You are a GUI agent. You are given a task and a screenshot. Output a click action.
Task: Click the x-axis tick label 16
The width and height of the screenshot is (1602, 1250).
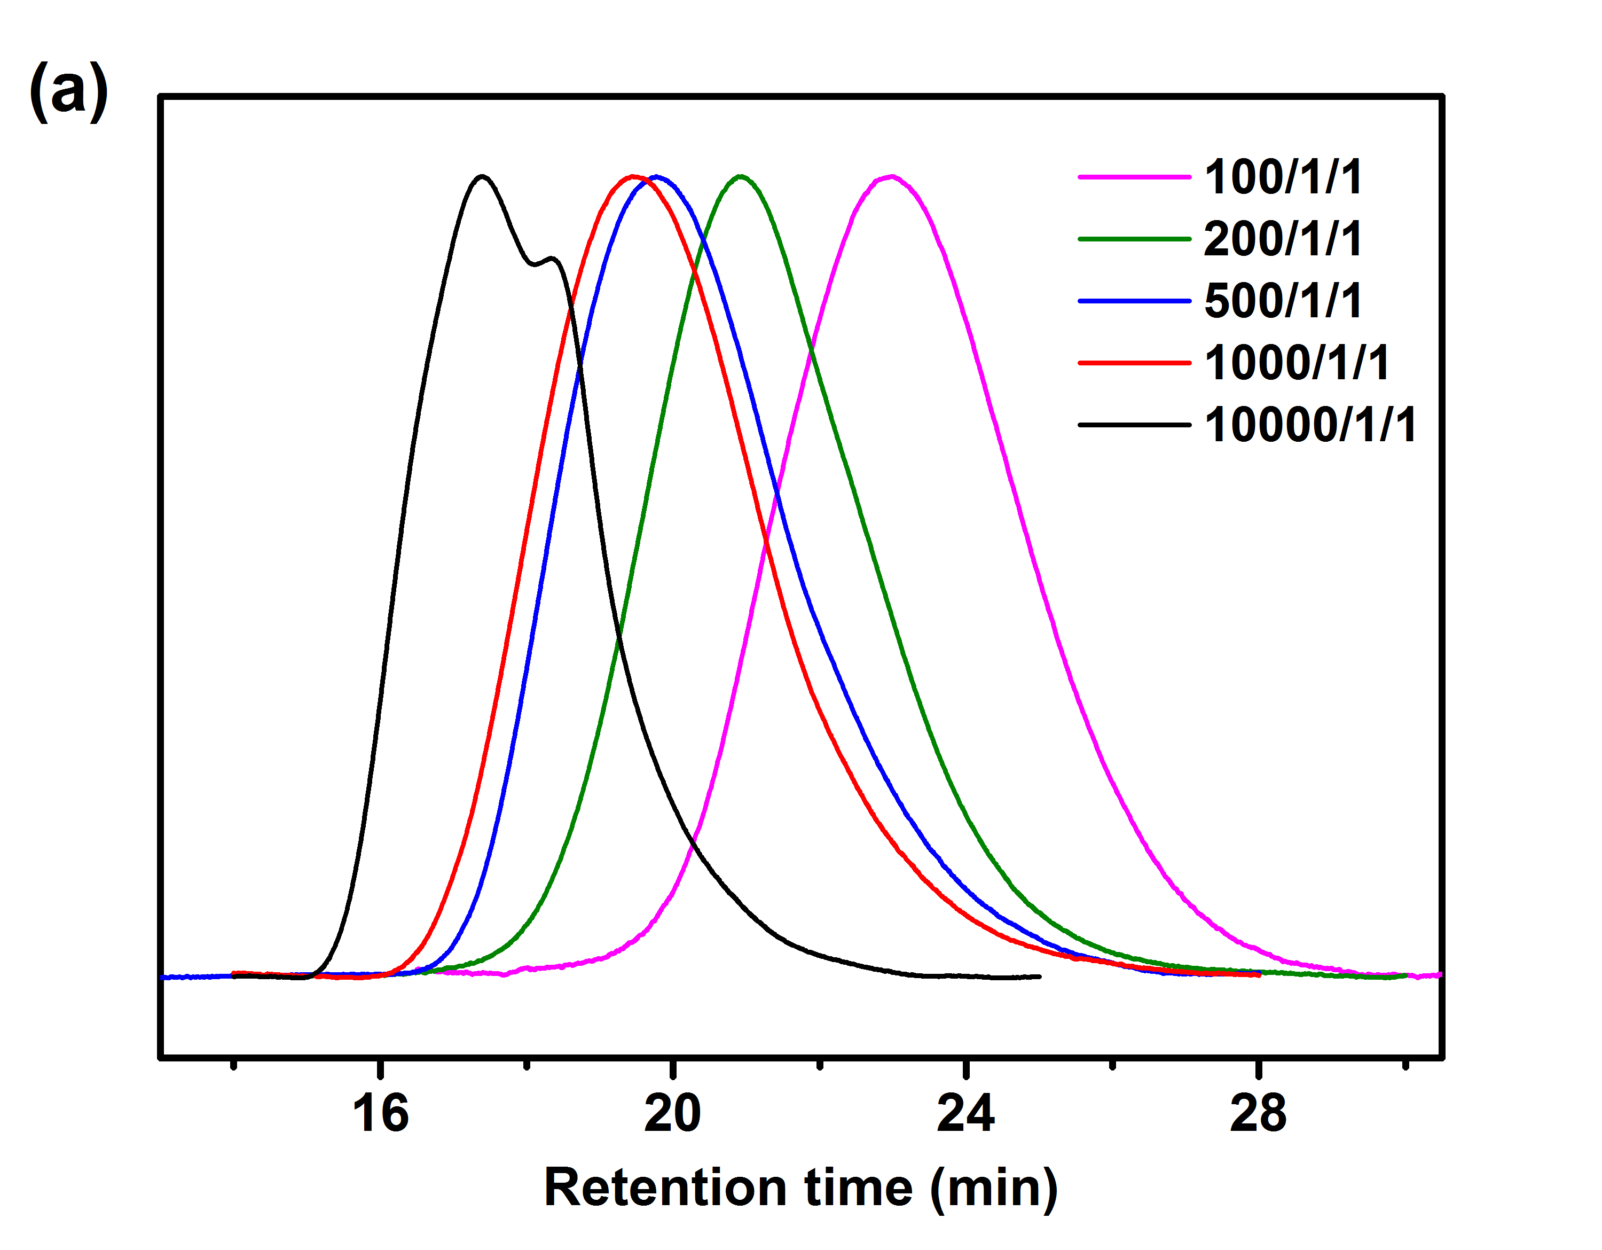tap(380, 1114)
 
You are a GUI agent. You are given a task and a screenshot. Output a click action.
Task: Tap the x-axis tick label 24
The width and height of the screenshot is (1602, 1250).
tap(965, 1114)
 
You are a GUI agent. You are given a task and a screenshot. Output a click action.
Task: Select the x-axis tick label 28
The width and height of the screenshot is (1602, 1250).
tap(1258, 1114)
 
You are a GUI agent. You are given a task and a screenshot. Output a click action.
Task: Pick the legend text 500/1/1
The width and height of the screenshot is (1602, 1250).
tap(1283, 301)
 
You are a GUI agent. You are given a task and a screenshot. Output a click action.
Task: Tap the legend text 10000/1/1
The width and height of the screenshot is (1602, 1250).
tap(1310, 425)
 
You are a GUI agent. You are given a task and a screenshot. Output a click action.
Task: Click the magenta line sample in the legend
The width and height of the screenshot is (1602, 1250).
tap(1134, 177)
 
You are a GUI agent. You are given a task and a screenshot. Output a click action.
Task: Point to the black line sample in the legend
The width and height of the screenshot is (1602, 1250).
tap(1134, 425)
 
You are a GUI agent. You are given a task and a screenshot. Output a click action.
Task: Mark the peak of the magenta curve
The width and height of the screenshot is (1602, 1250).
tap(891, 177)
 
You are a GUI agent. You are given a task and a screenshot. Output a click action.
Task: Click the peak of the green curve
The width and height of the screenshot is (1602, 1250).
tap(741, 176)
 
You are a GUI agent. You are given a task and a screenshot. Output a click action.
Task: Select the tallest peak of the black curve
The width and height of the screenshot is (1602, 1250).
tap(482, 176)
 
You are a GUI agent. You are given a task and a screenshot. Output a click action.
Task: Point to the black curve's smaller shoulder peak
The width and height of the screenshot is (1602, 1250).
tap(552, 258)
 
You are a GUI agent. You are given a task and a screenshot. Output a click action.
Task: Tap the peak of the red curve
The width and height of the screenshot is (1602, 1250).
tap(633, 176)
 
